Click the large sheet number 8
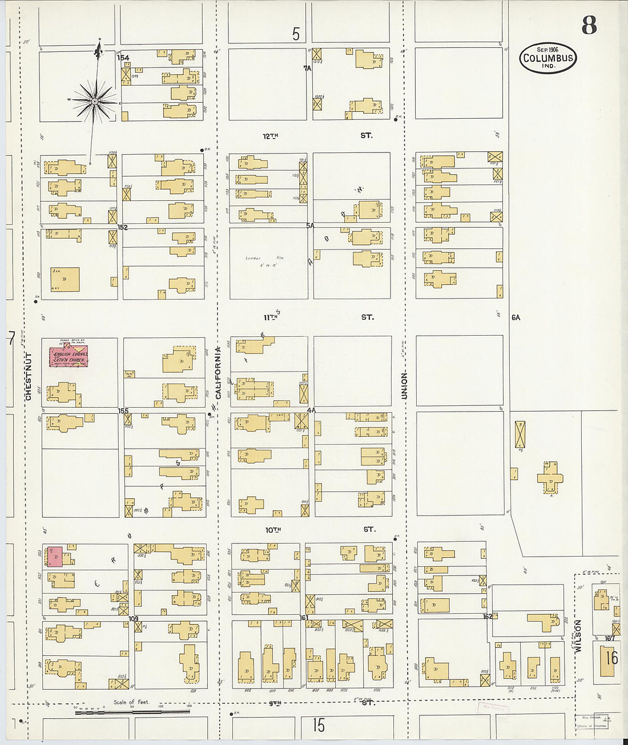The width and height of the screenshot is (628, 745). [x=589, y=25]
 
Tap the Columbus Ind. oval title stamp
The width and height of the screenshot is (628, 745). [x=548, y=58]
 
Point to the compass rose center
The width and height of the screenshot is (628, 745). [x=94, y=102]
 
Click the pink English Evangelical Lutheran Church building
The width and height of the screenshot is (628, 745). [x=69, y=356]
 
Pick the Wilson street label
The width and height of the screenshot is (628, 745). [x=578, y=637]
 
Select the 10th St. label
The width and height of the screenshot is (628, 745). [x=320, y=530]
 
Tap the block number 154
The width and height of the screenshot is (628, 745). [x=123, y=58]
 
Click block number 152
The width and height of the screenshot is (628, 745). [x=122, y=227]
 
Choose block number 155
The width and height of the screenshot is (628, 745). [x=123, y=410]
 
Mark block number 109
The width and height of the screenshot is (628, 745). [x=134, y=618]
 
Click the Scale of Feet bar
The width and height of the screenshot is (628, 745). [x=132, y=711]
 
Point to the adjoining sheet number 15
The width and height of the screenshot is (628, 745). [x=318, y=725]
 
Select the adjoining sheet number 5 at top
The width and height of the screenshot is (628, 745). [x=296, y=34]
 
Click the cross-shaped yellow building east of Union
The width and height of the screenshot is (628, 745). [x=550, y=477]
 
